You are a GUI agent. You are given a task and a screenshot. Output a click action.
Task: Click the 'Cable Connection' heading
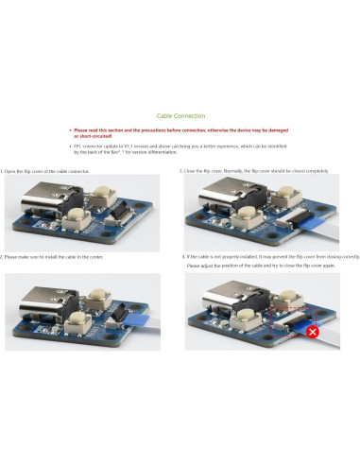[180, 113]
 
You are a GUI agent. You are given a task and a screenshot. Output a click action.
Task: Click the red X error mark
[310, 333]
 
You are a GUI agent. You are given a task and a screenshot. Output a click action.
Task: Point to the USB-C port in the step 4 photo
[224, 304]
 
